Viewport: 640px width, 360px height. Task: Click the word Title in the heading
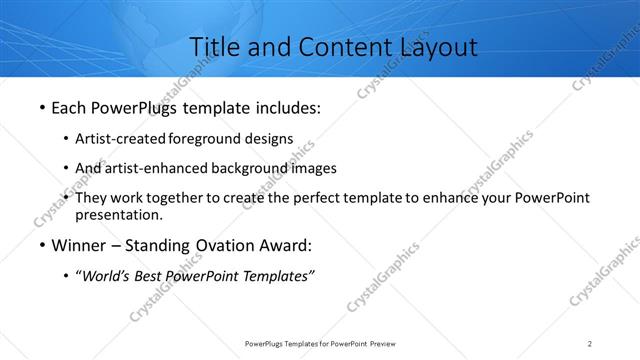(x=213, y=47)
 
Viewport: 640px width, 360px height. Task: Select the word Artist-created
(x=121, y=138)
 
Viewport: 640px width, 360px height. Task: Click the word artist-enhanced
(x=152, y=168)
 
